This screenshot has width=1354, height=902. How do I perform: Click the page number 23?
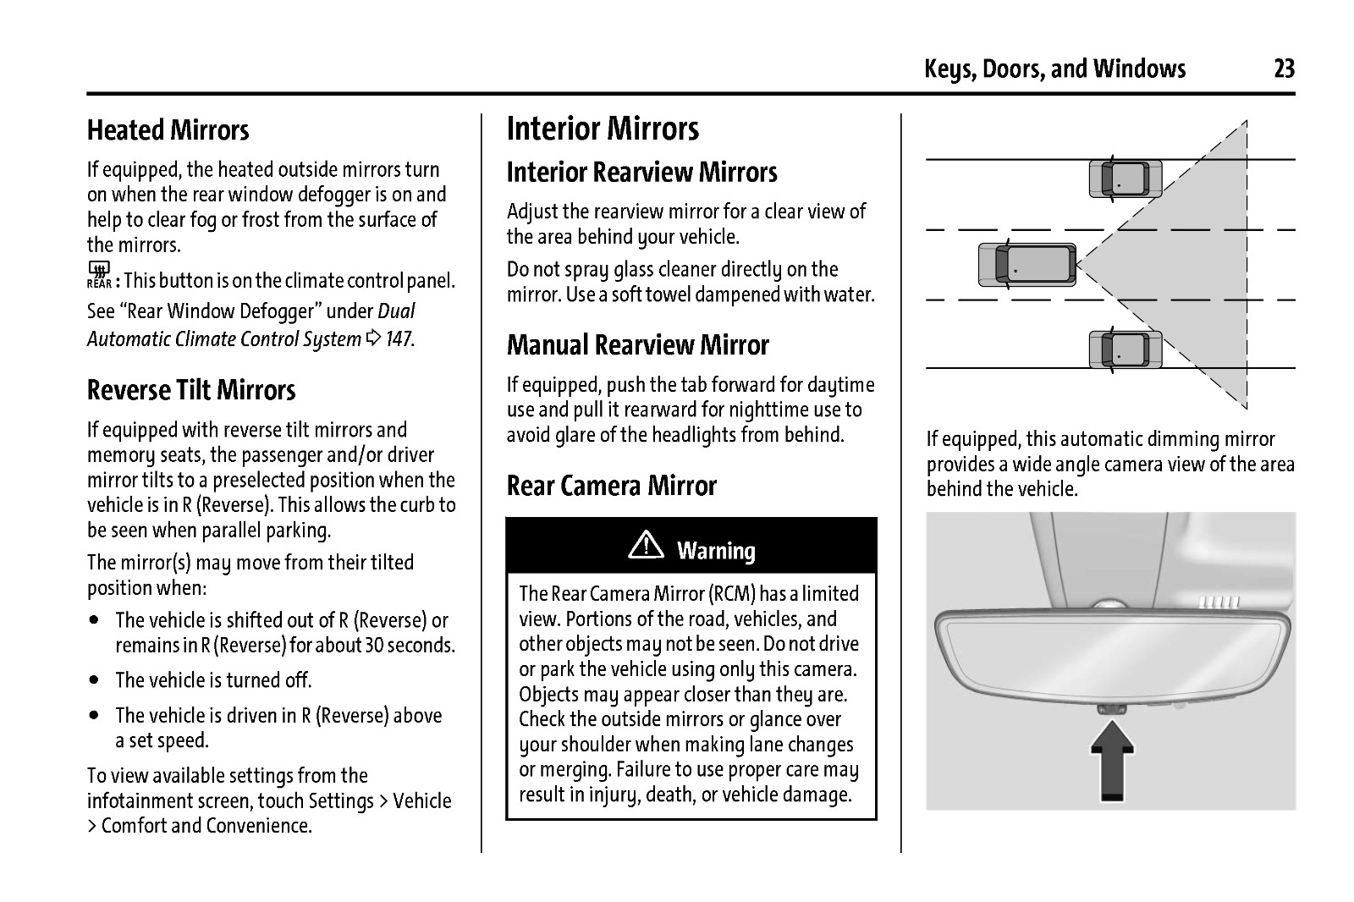[1284, 69]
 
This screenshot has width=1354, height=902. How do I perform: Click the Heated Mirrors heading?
[168, 130]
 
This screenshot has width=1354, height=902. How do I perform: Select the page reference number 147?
[399, 339]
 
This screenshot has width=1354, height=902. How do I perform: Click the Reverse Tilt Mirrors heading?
[191, 390]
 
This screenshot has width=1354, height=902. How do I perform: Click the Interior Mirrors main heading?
[603, 129]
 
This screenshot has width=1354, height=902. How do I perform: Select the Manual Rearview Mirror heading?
[637, 345]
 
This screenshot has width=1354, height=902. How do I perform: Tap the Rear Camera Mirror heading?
[611, 486]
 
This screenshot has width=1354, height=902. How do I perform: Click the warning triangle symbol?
[646, 548]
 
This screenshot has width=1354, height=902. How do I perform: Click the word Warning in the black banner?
[716, 551]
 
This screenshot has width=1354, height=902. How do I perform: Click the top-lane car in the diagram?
[1125, 179]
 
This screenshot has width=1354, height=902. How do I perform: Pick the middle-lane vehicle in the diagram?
[1027, 264]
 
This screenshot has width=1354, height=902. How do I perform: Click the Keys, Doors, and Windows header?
[1054, 69]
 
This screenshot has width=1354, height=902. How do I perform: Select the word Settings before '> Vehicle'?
[340, 800]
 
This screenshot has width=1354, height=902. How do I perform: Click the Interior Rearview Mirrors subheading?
[641, 173]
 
